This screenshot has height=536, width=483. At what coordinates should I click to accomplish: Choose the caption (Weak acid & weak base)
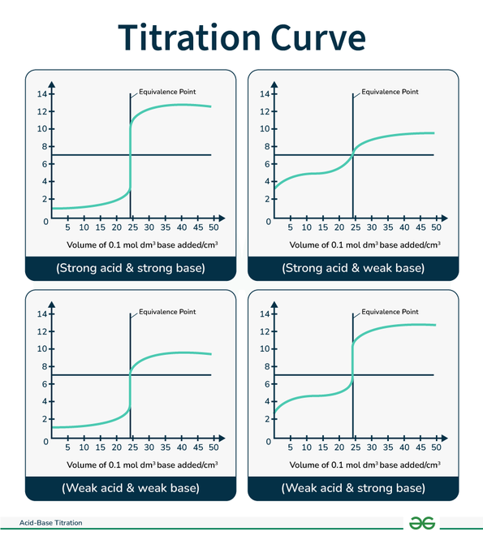point(130,488)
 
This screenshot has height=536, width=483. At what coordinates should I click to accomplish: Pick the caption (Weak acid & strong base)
point(352,488)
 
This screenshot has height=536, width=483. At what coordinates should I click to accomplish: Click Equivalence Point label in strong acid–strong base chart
point(167,92)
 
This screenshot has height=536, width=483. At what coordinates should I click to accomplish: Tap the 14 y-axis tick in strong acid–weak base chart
point(264,94)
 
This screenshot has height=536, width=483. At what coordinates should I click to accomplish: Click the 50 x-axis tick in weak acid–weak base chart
point(213,447)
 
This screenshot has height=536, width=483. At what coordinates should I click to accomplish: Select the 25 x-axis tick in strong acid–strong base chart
point(131,228)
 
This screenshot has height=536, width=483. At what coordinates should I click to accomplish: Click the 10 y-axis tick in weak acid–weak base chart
point(41,349)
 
